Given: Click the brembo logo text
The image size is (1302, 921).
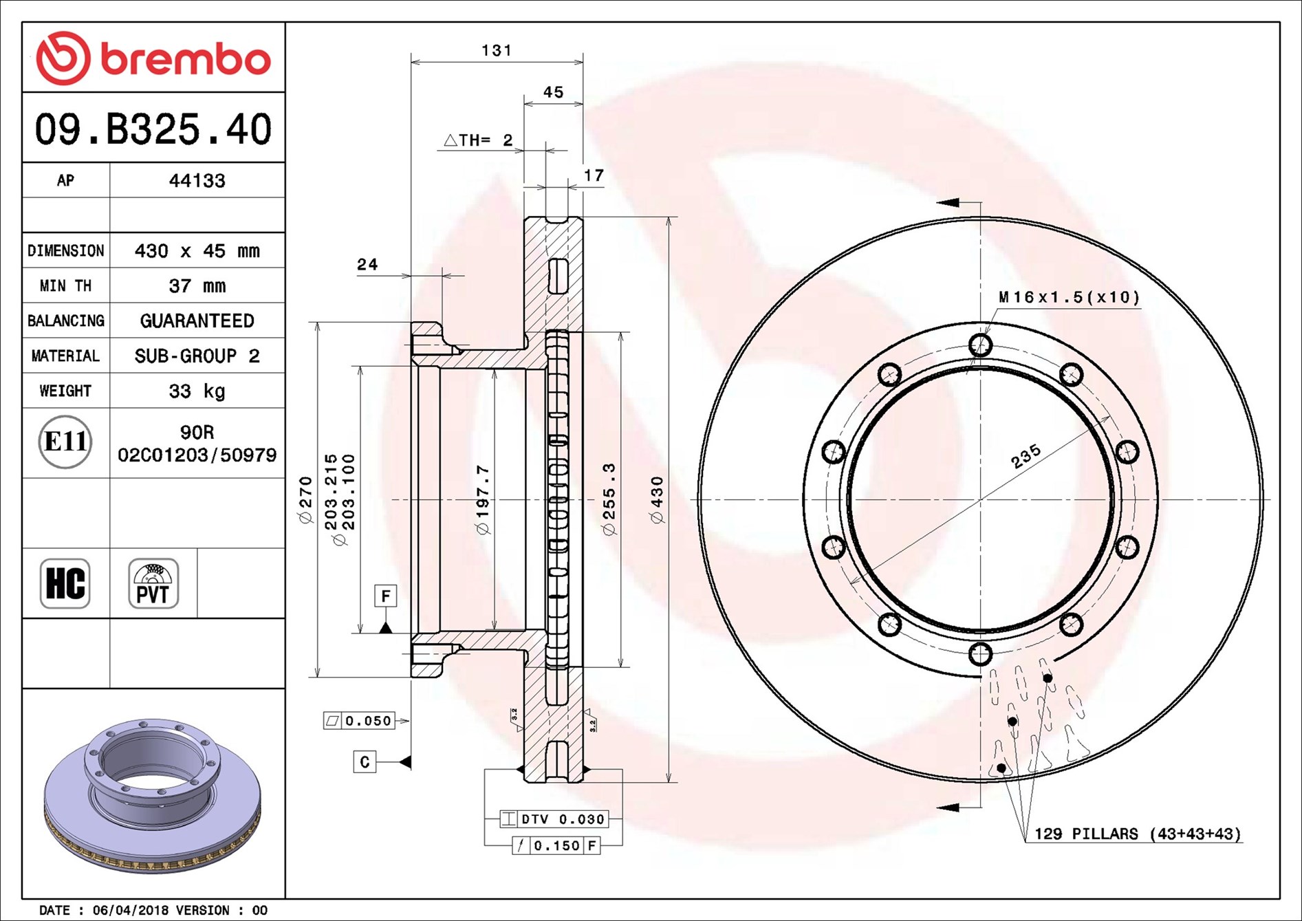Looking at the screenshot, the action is coord(186,59).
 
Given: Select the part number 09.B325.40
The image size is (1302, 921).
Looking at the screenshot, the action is coord(153,129).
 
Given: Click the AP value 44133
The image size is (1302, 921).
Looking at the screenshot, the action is coord(197,180).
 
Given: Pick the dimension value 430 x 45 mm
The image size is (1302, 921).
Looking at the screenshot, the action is coord(197,250).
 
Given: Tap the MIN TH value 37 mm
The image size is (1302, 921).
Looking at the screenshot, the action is coord(197,285).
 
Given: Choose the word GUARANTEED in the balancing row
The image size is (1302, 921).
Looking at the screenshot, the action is coord(197,321).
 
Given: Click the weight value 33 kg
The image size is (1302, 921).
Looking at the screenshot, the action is coord(197,391).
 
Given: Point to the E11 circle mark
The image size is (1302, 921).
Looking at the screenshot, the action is coord(65,442).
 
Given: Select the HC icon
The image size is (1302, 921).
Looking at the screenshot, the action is coord(65,583).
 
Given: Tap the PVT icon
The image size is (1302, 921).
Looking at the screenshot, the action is coord(153,583).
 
